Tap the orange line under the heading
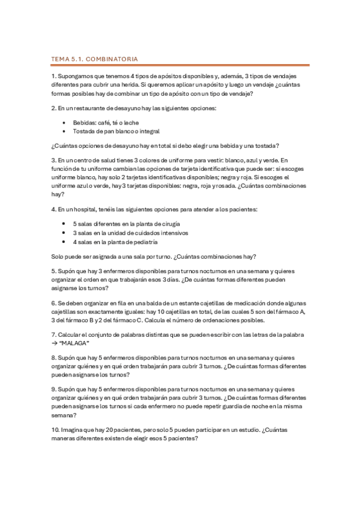(x=180, y=65)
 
